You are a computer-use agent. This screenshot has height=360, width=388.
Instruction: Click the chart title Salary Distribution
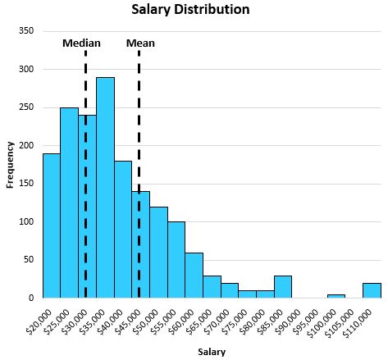190,9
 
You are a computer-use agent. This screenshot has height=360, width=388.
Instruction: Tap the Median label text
81,43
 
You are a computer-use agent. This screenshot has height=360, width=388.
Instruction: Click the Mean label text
140,43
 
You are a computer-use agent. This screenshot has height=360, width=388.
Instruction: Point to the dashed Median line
85,174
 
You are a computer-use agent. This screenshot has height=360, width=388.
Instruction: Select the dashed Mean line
139,174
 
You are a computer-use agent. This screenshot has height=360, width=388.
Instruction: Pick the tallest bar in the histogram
105,188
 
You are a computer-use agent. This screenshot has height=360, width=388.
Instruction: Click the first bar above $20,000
52,226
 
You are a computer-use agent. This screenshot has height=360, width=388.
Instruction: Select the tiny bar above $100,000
336,296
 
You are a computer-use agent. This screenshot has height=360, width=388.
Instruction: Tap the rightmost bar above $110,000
372,290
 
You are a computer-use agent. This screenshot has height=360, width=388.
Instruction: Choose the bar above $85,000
283,287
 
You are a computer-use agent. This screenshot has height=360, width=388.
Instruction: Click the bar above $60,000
194,276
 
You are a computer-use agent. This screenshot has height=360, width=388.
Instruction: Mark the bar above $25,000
70,203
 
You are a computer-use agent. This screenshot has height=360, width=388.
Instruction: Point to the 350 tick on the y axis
26,31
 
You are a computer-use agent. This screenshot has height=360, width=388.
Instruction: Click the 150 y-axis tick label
26,184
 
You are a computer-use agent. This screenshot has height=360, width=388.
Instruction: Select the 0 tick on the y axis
31,298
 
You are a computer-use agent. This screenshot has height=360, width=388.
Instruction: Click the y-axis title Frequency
10,165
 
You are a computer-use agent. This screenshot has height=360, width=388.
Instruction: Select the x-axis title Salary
212,352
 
